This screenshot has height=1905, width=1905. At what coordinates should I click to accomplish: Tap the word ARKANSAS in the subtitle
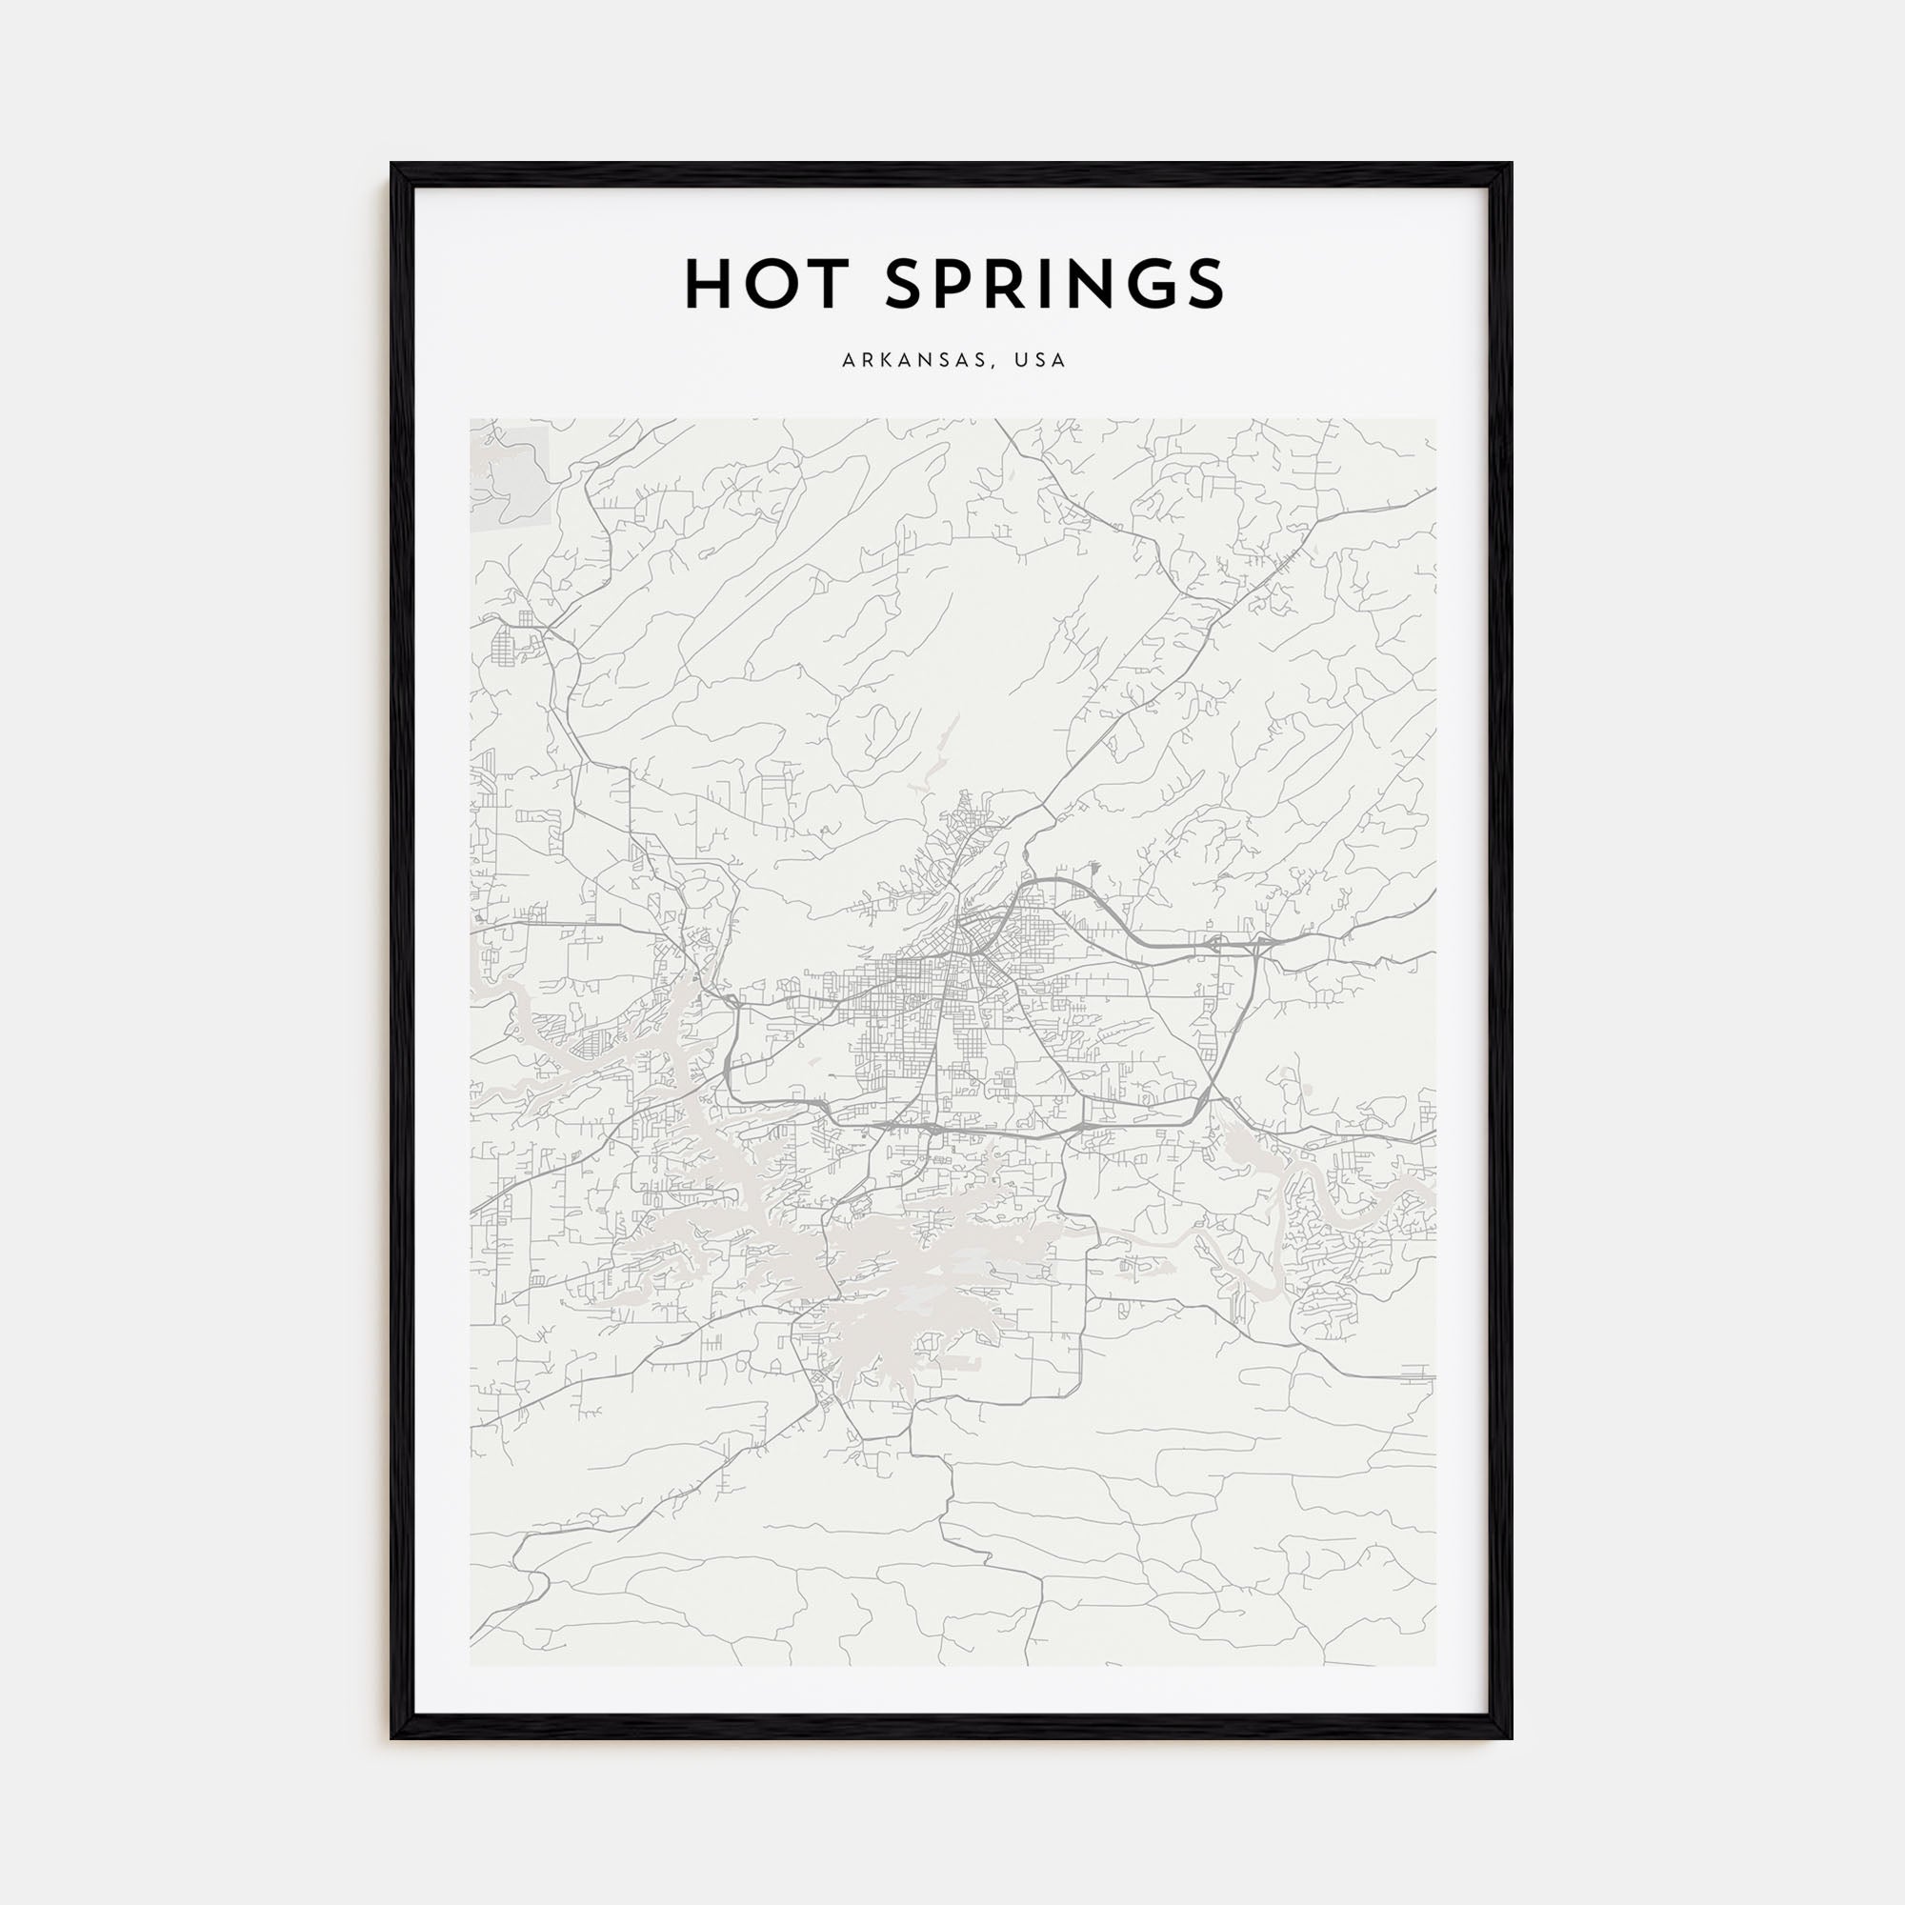tap(912, 361)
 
